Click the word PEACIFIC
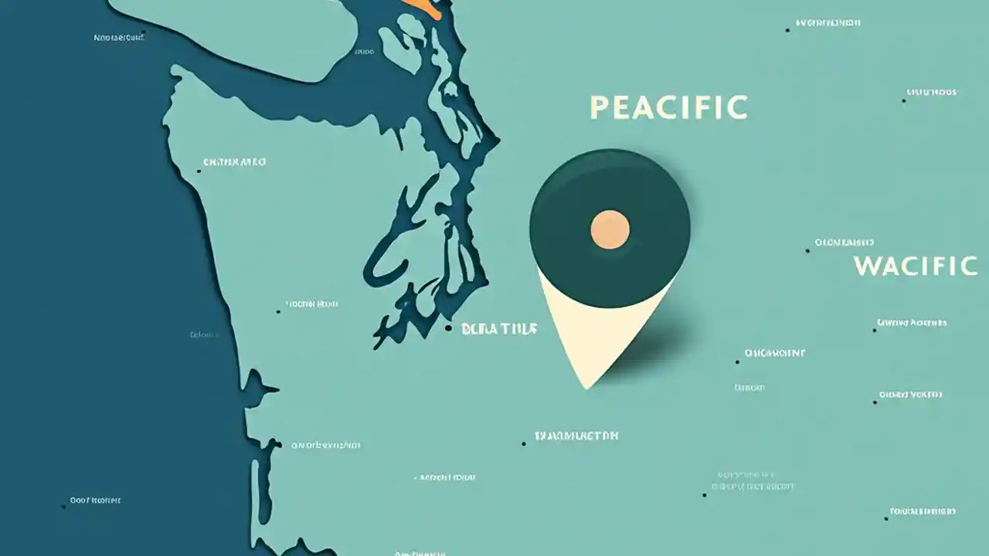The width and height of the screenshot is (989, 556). pyautogui.click(x=668, y=108)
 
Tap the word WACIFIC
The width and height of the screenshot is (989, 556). pyautogui.click(x=916, y=266)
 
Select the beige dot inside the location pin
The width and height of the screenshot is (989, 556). pyautogui.click(x=610, y=229)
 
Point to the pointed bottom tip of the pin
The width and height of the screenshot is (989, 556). pyautogui.click(x=587, y=386)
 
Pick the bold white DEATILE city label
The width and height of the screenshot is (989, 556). pyautogui.click(x=498, y=329)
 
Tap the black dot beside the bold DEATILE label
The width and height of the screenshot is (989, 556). pyautogui.click(x=448, y=328)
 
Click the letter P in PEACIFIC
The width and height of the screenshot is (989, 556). pyautogui.click(x=598, y=108)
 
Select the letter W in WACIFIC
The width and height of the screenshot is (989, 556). pyautogui.click(x=866, y=266)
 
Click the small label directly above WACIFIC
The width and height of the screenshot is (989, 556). pyautogui.click(x=845, y=242)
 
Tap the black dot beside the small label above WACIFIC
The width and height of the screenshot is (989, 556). pyautogui.click(x=808, y=250)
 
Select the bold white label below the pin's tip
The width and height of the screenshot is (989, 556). pyautogui.click(x=576, y=436)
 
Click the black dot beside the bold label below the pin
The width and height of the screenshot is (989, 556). pyautogui.click(x=524, y=443)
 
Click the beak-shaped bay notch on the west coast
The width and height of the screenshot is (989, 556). pyautogui.click(x=259, y=381)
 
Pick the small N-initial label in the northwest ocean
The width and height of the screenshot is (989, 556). pyautogui.click(x=119, y=37)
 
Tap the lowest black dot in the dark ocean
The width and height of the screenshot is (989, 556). pyautogui.click(x=63, y=507)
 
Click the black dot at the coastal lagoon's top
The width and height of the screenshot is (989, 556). pyautogui.click(x=278, y=444)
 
